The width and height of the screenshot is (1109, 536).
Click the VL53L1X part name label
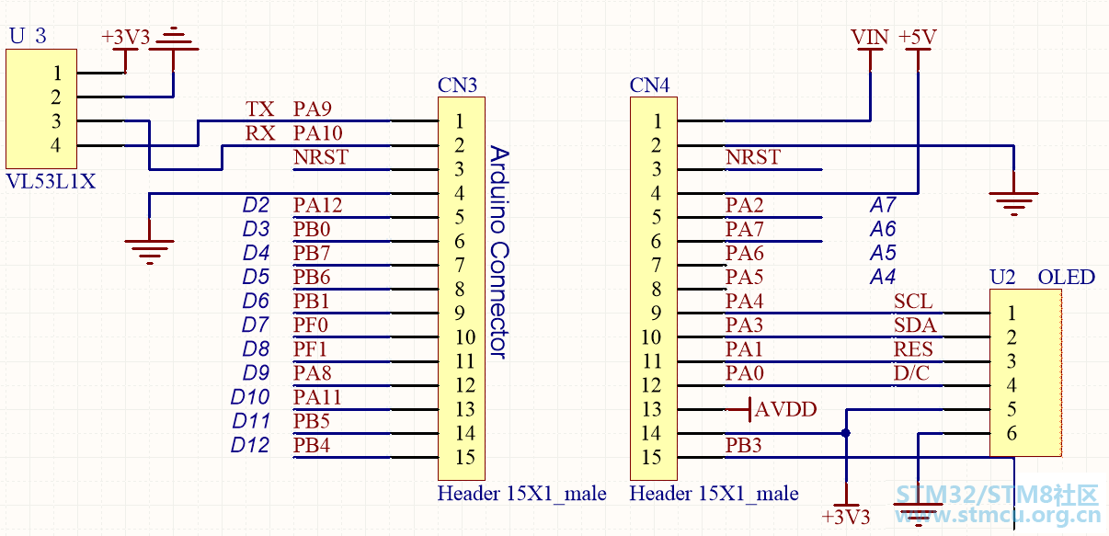coord(51,182)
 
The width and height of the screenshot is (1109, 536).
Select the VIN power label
coord(869,37)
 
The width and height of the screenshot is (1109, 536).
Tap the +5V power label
coord(918,37)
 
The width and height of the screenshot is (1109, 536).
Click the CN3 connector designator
coord(457,86)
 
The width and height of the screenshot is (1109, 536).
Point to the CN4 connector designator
coord(649,86)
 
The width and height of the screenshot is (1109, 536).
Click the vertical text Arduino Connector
coord(499,252)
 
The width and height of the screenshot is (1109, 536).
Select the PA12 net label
coord(317,205)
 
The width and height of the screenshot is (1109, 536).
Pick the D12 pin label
coord(250,445)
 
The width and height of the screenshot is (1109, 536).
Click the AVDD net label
coord(785,409)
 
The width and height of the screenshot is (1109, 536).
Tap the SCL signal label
coord(913,302)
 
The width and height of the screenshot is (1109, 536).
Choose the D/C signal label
coord(911,373)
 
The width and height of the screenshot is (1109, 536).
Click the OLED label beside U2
coord(1067,277)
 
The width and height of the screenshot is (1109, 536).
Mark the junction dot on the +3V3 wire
coord(846,434)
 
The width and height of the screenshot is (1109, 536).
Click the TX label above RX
coord(260,109)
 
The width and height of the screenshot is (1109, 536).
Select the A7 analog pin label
coord(883,205)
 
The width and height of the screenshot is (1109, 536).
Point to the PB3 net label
coord(744,445)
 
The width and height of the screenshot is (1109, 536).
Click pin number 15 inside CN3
coord(465,457)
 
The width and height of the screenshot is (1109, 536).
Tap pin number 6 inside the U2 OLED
coord(1012,434)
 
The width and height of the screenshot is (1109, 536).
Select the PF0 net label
coord(311,325)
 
